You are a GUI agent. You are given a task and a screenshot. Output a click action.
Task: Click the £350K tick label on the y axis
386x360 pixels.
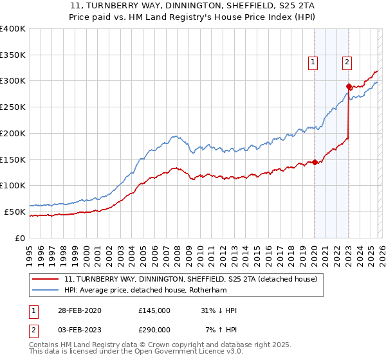pos(13,55)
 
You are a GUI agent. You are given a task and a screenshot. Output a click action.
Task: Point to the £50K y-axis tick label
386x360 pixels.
pos(15,212)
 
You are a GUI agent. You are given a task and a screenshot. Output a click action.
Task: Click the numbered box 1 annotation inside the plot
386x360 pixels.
pos(313,62)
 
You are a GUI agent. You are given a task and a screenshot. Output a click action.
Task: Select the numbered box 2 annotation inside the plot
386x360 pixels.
pos(347,62)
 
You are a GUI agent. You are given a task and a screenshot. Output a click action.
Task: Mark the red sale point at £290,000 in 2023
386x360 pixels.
pos(348,86)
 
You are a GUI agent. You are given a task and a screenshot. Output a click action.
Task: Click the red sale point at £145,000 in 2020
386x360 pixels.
pos(315,162)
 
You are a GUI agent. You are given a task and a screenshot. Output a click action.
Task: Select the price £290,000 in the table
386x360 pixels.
pos(154,329)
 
